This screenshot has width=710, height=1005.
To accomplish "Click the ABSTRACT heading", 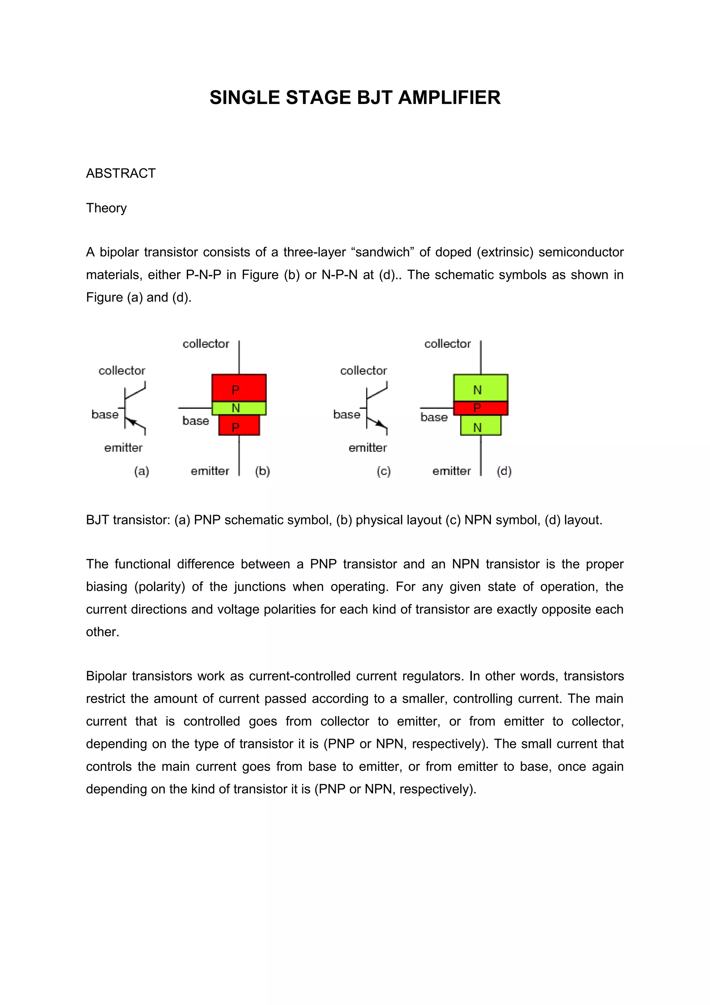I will tap(121, 173).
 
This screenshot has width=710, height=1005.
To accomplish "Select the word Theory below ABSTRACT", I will tap(106, 208).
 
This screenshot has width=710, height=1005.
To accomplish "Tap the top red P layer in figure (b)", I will tap(239, 387).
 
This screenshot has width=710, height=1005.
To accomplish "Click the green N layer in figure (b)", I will tap(239, 408).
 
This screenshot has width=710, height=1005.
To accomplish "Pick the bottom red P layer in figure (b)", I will tap(239, 426).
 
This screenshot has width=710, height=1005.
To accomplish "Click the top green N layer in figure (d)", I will tap(480, 387).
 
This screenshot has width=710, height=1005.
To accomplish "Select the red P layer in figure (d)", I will tap(480, 408).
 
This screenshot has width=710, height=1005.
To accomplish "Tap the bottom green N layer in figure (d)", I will tap(480, 426).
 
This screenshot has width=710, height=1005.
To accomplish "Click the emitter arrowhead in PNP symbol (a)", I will tap(132, 422).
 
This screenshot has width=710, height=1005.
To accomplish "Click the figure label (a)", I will tap(141, 471).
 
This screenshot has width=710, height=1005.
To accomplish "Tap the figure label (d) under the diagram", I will tap(504, 471).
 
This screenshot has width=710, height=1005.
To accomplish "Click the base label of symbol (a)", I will tap(105, 414).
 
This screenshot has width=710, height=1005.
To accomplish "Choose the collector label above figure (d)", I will tap(447, 344).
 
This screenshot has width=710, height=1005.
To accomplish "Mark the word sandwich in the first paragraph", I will tap(383, 252).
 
